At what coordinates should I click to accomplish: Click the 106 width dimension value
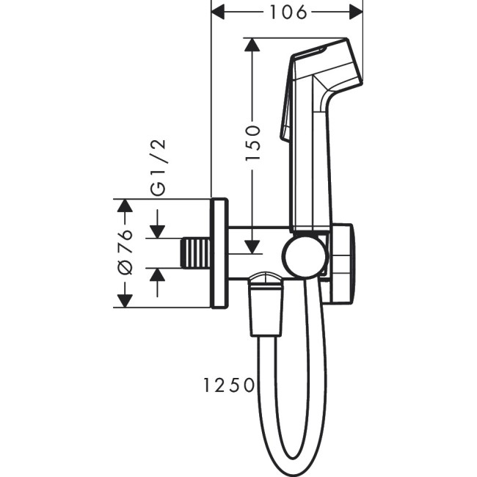tap(288, 12)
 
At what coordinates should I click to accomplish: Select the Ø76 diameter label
tap(124, 252)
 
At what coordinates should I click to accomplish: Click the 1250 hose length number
tap(230, 384)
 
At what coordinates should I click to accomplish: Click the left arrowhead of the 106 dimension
tap(218, 12)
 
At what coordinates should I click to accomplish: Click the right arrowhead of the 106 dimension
tap(357, 12)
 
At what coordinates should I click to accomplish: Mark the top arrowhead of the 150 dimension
tap(252, 45)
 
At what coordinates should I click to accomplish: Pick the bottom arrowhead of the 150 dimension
tap(252, 246)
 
